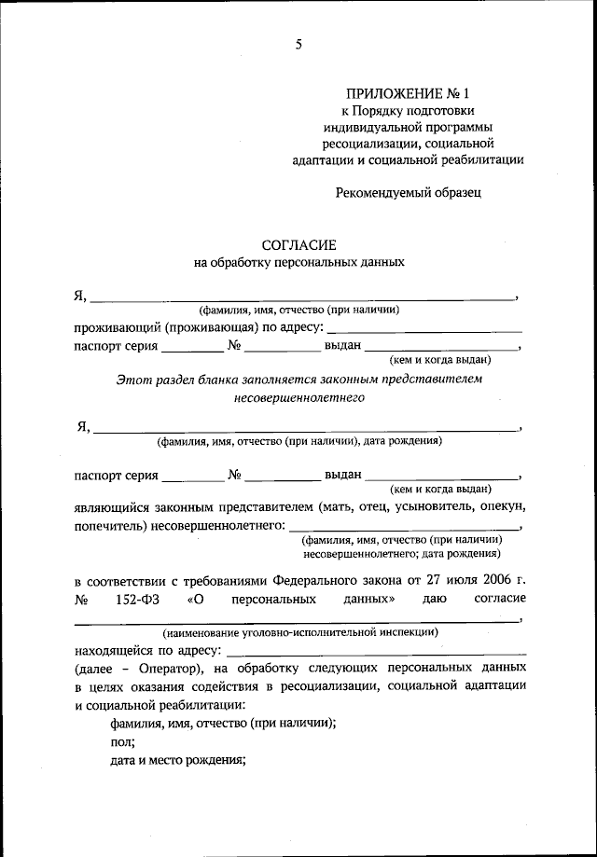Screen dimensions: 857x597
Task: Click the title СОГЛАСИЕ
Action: pos(298,244)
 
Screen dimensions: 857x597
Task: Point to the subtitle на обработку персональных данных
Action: pos(298,263)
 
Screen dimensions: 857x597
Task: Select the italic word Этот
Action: pos(132,380)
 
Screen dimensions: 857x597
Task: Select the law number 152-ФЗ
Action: pos(141,598)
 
